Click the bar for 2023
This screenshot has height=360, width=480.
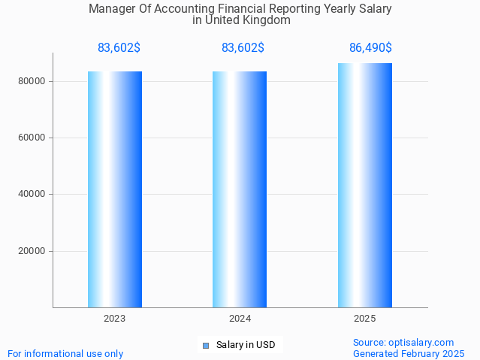click(115, 189)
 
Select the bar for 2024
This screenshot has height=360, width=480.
click(240, 189)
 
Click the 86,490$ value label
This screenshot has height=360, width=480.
click(370, 48)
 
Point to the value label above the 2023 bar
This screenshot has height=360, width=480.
click(119, 48)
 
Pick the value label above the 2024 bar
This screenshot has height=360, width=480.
click(243, 48)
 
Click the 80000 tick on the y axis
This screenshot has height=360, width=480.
click(33, 81)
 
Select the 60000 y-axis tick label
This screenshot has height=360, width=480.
click(33, 138)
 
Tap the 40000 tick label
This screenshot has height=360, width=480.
click(33, 195)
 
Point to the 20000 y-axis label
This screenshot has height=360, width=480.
click(33, 251)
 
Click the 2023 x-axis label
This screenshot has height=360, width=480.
click(115, 319)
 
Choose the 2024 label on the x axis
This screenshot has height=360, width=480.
click(240, 319)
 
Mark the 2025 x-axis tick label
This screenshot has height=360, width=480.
click(364, 319)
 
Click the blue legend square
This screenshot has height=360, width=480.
click(205, 346)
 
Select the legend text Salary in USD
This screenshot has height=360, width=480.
click(246, 346)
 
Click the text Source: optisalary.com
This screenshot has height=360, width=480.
click(403, 343)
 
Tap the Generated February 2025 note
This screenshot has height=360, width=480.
click(409, 354)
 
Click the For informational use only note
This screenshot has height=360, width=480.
click(65, 354)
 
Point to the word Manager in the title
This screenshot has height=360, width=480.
click(110, 10)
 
